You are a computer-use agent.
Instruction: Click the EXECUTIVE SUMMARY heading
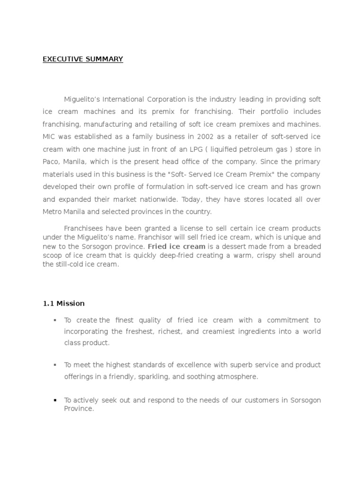(x=83, y=59)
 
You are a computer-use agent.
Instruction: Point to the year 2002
(x=198, y=137)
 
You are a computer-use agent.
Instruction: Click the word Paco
(x=51, y=162)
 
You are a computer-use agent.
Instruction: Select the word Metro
(x=53, y=212)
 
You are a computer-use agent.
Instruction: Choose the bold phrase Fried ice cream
(x=176, y=247)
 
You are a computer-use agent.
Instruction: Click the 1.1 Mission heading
(x=64, y=303)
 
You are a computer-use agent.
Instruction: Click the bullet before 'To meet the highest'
(x=55, y=365)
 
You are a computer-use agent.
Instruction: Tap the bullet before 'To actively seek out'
(x=55, y=401)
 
